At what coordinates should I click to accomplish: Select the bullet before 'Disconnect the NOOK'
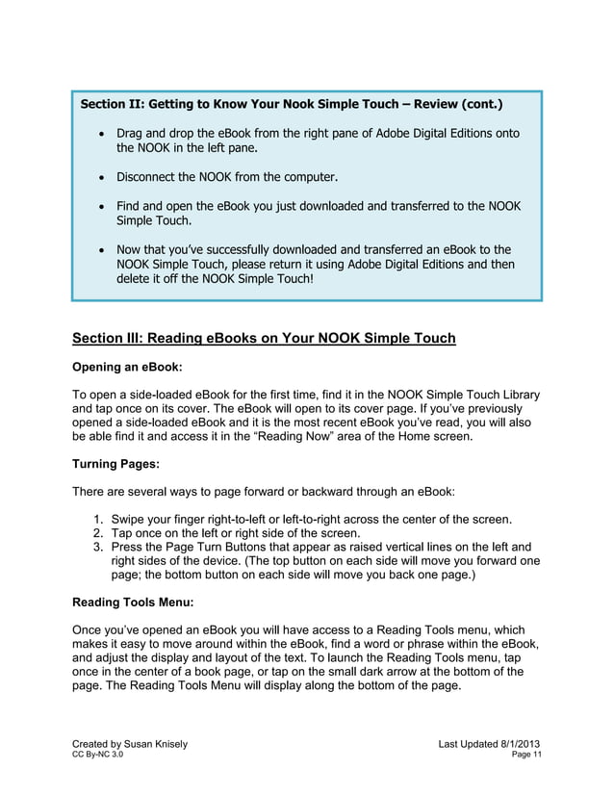100,178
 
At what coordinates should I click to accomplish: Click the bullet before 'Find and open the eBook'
100,206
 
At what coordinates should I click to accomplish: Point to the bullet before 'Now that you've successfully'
100,249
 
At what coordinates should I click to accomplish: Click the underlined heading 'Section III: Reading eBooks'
264,338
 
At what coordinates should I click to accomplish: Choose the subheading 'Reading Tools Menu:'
133,603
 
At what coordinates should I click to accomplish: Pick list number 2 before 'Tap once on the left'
98,534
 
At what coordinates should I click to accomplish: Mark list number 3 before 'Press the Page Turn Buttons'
98,548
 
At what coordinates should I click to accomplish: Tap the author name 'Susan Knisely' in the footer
148,745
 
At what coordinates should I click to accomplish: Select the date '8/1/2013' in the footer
520,745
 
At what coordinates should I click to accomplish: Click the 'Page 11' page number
526,757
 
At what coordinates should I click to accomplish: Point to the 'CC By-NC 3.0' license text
97,757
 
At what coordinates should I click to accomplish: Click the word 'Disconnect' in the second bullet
150,178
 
